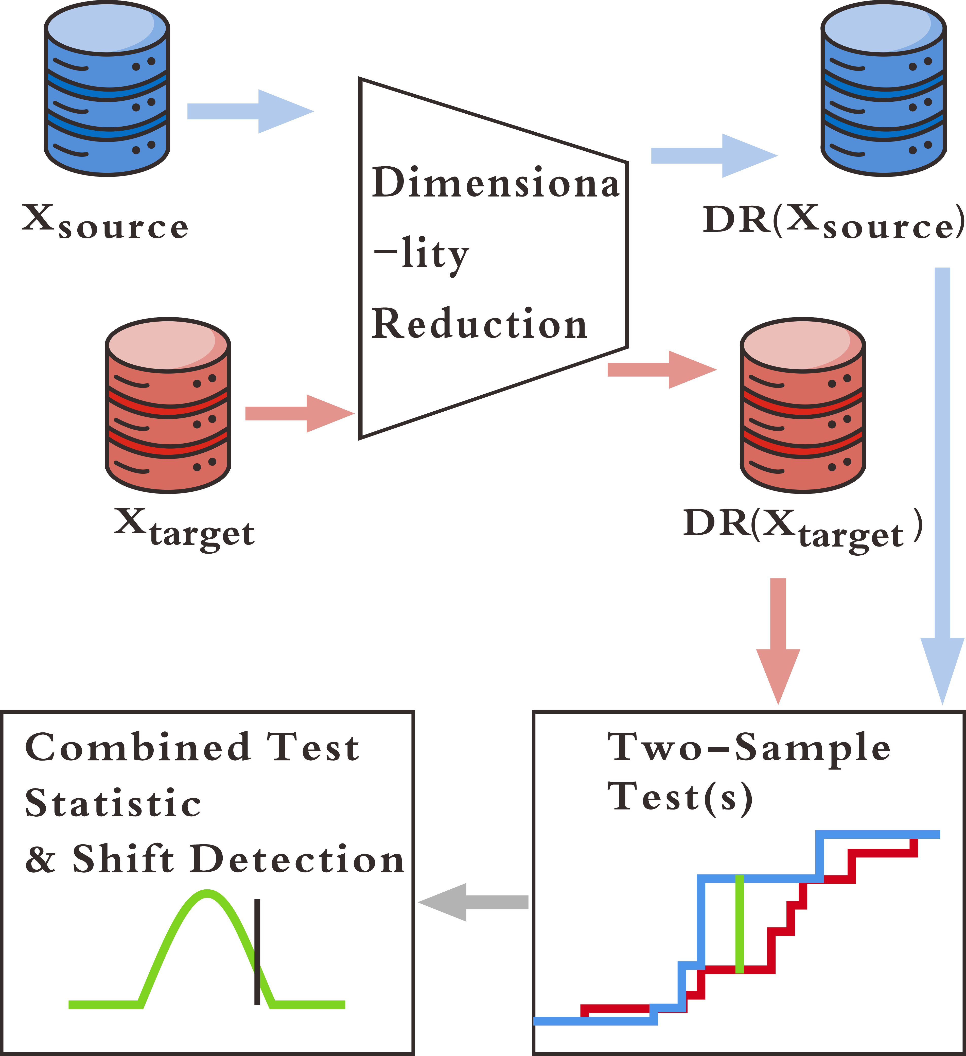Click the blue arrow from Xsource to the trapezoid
coord(250,111)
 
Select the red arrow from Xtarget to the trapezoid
coord(300,413)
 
